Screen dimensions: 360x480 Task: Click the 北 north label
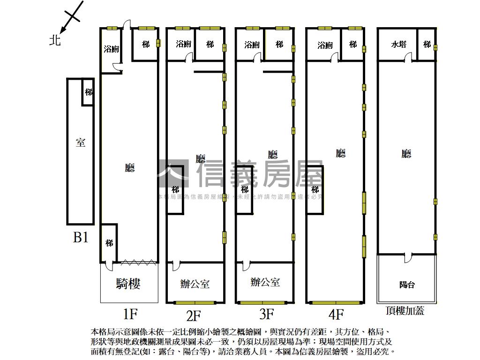[x=55, y=41]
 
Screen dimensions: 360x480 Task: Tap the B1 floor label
[x=81, y=238]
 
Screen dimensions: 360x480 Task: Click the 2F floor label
[x=193, y=314]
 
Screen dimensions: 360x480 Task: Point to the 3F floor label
[x=266, y=313]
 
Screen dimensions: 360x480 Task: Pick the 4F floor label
[x=336, y=313]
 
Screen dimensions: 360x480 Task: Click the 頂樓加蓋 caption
[x=405, y=311]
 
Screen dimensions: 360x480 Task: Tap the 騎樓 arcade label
[x=128, y=284]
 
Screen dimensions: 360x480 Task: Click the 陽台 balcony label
[x=407, y=285]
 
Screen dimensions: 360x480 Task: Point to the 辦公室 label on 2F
[x=195, y=284]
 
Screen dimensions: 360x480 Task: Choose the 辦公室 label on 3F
[x=265, y=282]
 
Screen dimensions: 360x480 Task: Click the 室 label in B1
[x=81, y=142]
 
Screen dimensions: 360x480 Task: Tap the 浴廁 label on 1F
[x=112, y=49]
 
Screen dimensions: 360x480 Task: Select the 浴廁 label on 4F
[x=325, y=45]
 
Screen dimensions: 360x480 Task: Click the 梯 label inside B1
[x=88, y=92]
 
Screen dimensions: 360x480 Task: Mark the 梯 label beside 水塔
[x=427, y=45]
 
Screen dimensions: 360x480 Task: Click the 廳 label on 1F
[x=129, y=168]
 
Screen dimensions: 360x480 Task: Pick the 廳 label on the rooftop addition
[x=406, y=154]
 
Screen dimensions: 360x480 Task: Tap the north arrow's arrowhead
[x=62, y=31]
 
